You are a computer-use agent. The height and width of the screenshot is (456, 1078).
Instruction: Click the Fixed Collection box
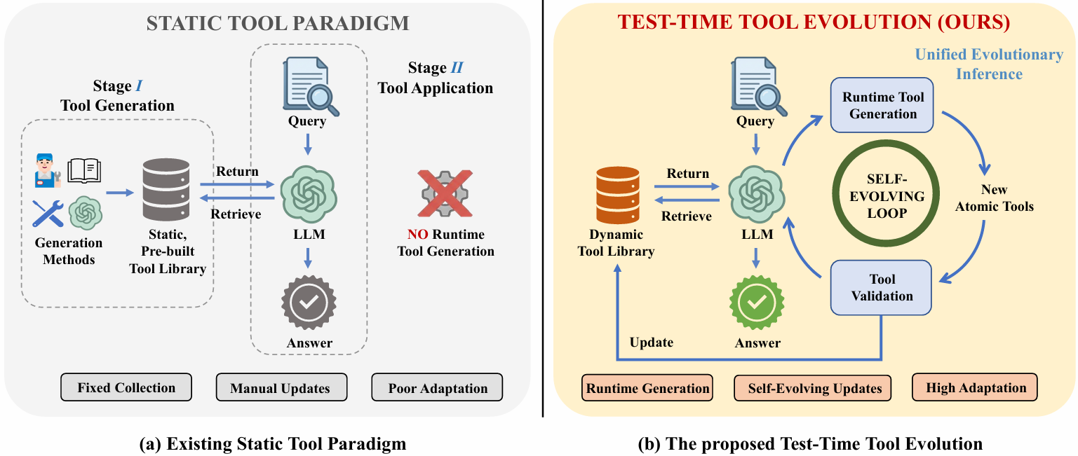click(126, 387)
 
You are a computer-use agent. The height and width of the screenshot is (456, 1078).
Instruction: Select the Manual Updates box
click(281, 388)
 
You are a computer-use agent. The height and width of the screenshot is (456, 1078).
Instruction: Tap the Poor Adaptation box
click(438, 388)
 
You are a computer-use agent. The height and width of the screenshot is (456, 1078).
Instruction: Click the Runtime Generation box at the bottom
click(647, 388)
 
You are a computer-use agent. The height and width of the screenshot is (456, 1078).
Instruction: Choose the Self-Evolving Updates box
click(813, 388)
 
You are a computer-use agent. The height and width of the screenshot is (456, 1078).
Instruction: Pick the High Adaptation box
click(976, 387)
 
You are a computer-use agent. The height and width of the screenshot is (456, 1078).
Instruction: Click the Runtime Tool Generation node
click(882, 105)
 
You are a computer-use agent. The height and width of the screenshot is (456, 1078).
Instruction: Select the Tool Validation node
click(882, 287)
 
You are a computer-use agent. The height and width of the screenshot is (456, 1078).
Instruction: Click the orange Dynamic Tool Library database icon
click(618, 195)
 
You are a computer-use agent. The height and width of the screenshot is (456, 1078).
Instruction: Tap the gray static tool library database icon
click(166, 190)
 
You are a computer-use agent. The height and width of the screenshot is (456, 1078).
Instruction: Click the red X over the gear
click(445, 195)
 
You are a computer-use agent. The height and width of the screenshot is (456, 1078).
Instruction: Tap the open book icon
click(84, 170)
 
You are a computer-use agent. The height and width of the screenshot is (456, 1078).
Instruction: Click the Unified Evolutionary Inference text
click(989, 64)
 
